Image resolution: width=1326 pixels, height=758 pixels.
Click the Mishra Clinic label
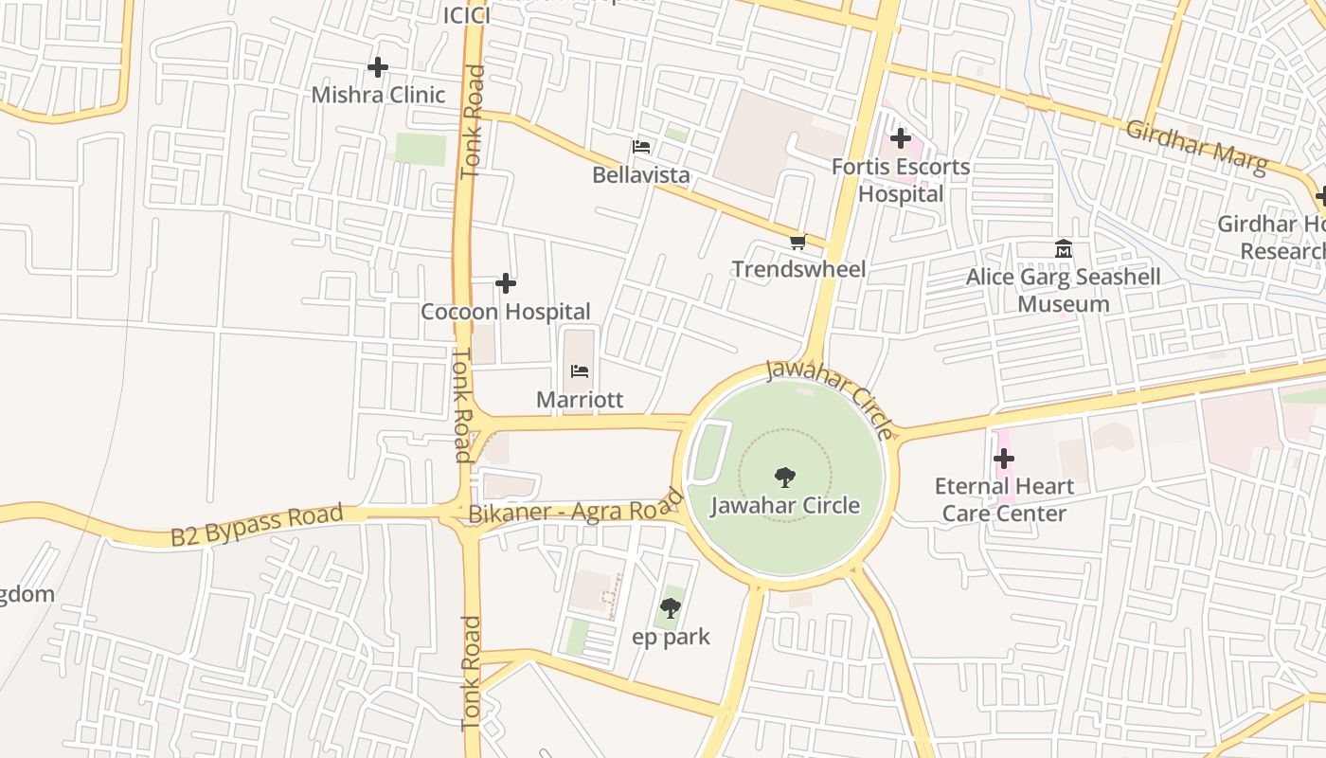click(378, 95)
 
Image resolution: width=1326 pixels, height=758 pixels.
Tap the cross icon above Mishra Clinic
click(378, 67)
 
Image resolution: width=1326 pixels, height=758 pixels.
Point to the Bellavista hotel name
click(640, 175)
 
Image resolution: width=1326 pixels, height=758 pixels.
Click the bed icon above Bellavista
click(641, 147)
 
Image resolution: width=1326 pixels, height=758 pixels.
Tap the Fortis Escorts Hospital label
click(900, 180)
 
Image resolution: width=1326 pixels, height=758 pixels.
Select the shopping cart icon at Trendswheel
click(798, 243)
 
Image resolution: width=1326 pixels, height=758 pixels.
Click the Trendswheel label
click(798, 269)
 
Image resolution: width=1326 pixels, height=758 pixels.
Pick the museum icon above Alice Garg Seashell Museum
click(1063, 249)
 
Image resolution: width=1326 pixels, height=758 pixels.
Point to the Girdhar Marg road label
click(1196, 147)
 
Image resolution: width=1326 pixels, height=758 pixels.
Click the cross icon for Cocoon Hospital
click(506, 283)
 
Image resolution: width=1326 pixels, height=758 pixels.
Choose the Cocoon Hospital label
click(506, 311)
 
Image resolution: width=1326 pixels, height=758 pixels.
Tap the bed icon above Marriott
click(580, 371)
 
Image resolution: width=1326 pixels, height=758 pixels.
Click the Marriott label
click(580, 399)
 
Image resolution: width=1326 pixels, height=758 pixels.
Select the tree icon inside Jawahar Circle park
click(784, 477)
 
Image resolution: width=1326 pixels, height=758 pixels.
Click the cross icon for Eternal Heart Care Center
click(1004, 460)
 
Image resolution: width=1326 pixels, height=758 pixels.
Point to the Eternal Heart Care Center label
click(1004, 499)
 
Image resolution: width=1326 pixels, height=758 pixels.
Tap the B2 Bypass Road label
click(257, 526)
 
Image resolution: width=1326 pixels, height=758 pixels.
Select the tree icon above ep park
click(671, 608)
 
